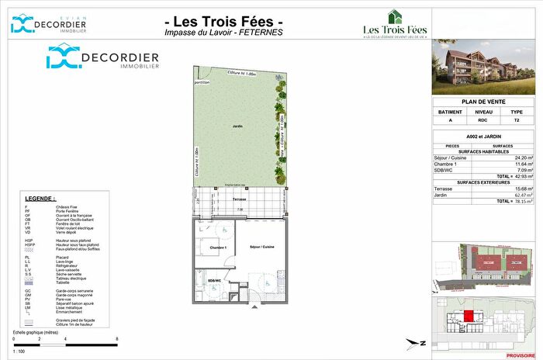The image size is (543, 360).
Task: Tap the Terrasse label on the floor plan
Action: (x=240, y=199)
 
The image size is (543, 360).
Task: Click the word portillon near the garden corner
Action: (x=203, y=81)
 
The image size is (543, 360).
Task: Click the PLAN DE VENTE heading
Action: (x=486, y=102)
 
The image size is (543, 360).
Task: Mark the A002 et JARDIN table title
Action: (x=486, y=136)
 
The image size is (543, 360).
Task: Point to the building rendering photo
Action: (x=486, y=65)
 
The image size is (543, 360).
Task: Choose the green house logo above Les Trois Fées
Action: (x=396, y=15)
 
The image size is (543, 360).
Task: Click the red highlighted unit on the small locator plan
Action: (x=470, y=314)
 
